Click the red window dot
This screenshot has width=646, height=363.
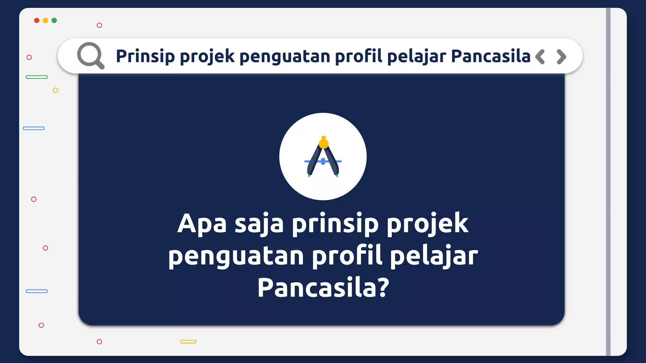37,20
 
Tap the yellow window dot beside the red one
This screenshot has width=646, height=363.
45,20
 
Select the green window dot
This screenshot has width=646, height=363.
54,20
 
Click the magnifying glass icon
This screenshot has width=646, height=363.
91,55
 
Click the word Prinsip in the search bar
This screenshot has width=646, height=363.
145,56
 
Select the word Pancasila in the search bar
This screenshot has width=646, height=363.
490,56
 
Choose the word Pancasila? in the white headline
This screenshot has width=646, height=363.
323,287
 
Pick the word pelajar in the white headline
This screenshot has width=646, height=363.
434,256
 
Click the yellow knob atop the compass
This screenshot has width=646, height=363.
324,143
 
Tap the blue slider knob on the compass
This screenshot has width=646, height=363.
323,162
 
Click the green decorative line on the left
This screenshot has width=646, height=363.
37,77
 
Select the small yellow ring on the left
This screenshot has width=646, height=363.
55,90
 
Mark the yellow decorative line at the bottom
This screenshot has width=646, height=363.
188,342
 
